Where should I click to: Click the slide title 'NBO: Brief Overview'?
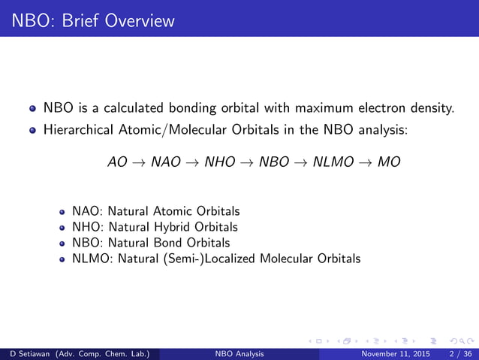click(88, 20)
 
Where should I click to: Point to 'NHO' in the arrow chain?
click(221, 162)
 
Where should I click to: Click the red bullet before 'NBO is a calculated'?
click(32, 109)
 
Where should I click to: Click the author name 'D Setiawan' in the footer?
click(30, 353)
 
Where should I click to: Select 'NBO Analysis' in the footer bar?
click(239, 353)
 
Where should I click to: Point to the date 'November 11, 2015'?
click(390, 353)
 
